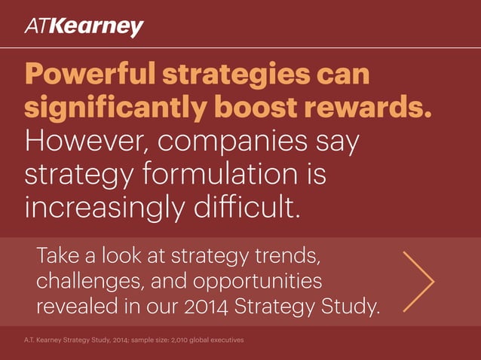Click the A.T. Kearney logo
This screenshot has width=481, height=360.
(84, 28)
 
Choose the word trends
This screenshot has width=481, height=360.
(290, 255)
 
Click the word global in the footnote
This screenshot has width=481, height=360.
(200, 341)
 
